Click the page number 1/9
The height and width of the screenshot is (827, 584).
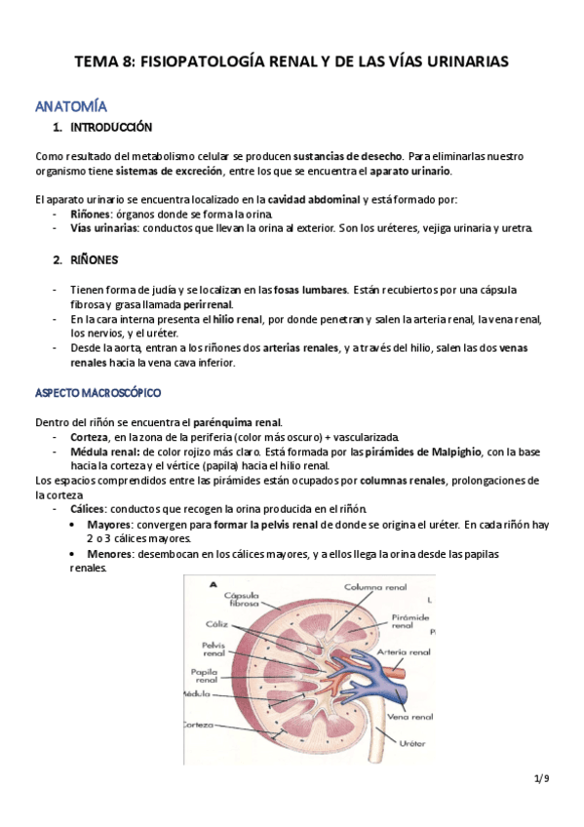pos(542,778)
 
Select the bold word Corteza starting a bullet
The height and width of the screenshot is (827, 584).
pos(90,437)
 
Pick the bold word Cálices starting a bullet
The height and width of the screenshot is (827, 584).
pos(89,509)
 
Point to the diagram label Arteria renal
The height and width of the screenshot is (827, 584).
pos(405,652)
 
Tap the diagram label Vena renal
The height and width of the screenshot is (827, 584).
pos(409,716)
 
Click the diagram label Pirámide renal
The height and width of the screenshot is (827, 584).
pos(411,622)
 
